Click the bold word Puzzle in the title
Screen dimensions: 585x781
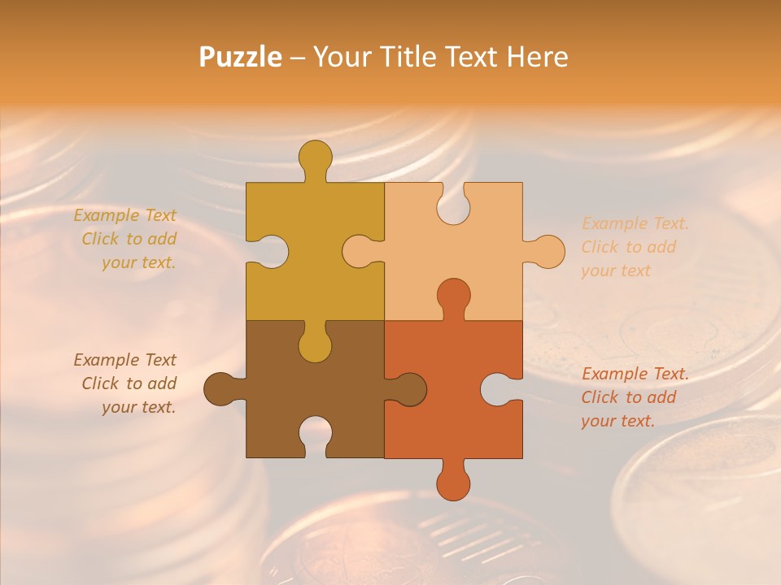point(240,57)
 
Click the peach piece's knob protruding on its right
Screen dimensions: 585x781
point(548,251)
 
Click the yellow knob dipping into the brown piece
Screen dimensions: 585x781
point(315,345)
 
